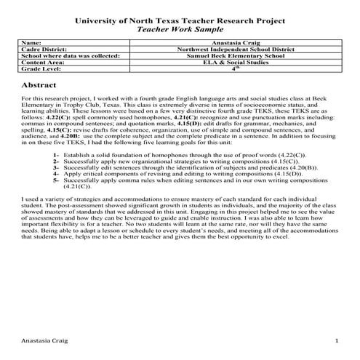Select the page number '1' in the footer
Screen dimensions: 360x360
click(x=336, y=341)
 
